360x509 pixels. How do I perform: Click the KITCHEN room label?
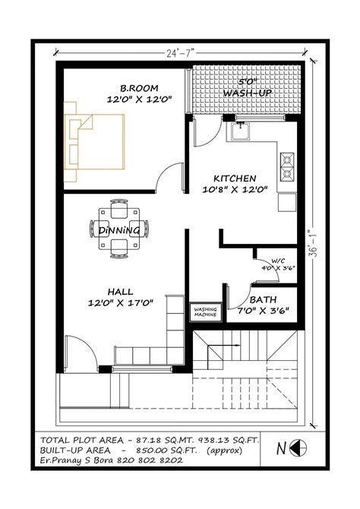tap(234, 178)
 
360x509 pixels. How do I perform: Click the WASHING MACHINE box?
tap(205, 311)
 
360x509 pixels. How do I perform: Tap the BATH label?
tap(263, 300)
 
